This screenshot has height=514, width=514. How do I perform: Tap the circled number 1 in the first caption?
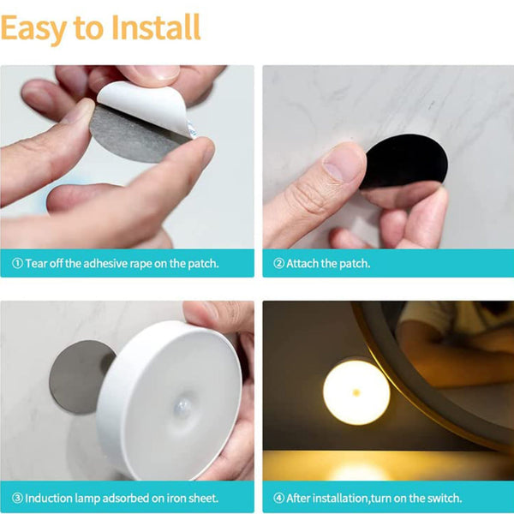[17, 263]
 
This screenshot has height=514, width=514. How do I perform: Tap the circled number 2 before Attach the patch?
[278, 263]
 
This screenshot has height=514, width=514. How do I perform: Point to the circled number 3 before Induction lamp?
[17, 498]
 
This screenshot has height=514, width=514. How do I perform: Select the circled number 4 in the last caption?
[278, 498]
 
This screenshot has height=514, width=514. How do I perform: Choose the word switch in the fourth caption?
[441, 498]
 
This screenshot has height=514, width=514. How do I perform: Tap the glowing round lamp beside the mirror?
[356, 391]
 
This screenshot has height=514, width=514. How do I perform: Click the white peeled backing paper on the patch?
[150, 107]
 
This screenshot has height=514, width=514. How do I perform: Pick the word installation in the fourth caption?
[343, 498]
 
